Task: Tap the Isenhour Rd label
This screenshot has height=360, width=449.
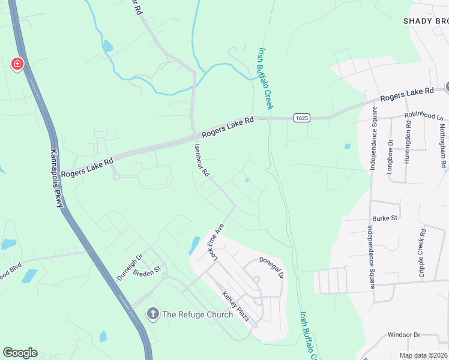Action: (x=202, y=160)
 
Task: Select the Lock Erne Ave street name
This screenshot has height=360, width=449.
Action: (x=215, y=244)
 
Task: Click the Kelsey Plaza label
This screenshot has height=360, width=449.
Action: (x=236, y=306)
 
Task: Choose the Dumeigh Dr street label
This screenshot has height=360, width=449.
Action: (x=130, y=267)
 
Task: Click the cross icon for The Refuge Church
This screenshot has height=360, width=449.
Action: (x=153, y=314)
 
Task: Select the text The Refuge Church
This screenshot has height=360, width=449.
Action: (x=197, y=314)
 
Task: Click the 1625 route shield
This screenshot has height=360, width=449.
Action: (x=301, y=118)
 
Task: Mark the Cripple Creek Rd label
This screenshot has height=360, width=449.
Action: (x=423, y=252)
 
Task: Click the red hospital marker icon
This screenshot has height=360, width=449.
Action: (x=17, y=64)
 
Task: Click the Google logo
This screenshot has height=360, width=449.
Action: (x=20, y=353)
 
